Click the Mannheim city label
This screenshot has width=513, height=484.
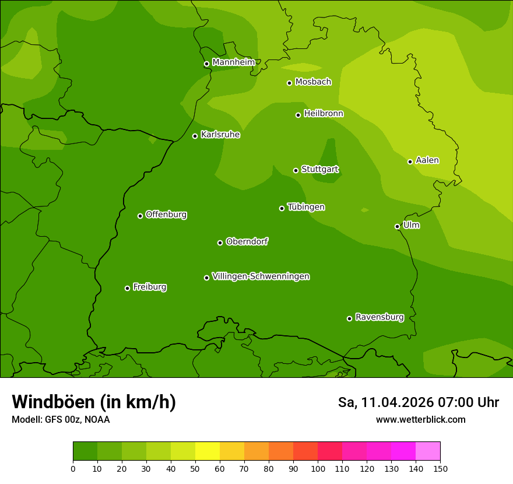pos(233,62)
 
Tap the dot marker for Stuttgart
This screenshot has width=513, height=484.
pos(296,170)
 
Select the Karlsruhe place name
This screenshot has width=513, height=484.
pos(220,135)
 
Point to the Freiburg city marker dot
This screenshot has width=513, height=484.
pos(127,288)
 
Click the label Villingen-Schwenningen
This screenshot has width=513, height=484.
pos(261,276)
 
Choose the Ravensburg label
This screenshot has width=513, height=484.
pos(379,317)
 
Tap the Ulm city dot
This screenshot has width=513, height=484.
pos(397,226)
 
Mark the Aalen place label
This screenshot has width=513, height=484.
pos(427,160)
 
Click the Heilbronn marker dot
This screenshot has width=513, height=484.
pos(298,115)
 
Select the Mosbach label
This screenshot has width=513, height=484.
pos(313,82)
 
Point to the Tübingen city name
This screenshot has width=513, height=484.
pos(306,207)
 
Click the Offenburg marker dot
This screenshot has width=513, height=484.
pos(140,216)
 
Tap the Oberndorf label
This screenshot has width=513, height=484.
pos(247,241)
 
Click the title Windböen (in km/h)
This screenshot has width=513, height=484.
pos(94,402)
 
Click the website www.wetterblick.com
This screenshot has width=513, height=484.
pos(420,420)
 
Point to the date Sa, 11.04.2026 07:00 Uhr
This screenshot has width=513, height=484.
pos(418,402)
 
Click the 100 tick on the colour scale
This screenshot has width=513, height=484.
pos(318,468)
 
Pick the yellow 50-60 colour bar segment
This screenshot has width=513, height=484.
pos(208,451)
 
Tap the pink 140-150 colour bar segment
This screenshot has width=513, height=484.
pos(428,451)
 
